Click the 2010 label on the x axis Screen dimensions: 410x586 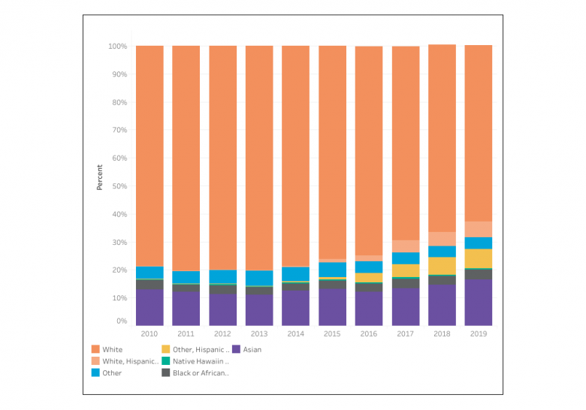click(x=149, y=333)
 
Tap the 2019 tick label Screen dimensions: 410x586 click(x=479, y=333)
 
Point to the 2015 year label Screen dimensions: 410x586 click(x=332, y=333)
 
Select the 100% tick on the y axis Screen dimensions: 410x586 click(x=116, y=47)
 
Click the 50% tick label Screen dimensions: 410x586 click(x=119, y=186)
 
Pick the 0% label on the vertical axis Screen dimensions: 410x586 click(x=121, y=321)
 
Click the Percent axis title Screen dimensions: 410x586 click(x=99, y=177)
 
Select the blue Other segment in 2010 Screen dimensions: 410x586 click(x=150, y=273)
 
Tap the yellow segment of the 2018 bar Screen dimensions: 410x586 click(x=442, y=266)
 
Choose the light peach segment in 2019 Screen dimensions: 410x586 click(x=479, y=229)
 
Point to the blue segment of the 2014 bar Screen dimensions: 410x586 click(x=295, y=274)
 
